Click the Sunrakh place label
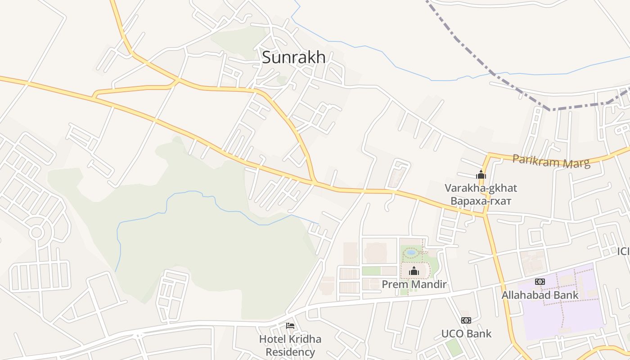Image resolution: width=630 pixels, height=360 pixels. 293,57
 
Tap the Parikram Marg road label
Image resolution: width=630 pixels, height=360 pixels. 551,161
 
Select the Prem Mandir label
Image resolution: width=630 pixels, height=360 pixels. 414,284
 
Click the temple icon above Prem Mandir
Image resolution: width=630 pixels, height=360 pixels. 414,271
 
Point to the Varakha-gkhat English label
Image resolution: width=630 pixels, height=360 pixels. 481,188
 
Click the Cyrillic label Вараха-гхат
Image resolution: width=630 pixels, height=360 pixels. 481,201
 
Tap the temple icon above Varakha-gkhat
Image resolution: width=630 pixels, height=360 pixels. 481,175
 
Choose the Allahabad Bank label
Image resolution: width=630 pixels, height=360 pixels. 540,295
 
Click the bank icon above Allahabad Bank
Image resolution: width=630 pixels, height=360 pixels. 540,282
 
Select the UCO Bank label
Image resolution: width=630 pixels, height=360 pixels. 466,334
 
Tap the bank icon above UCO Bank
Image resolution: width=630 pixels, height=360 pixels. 466,320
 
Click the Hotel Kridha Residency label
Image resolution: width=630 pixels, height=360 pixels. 290,345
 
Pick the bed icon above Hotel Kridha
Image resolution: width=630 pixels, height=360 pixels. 290,326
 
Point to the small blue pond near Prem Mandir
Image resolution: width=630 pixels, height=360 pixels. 410,252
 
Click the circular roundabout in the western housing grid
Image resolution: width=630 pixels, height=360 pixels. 36,233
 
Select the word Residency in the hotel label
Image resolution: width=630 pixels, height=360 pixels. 290,352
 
